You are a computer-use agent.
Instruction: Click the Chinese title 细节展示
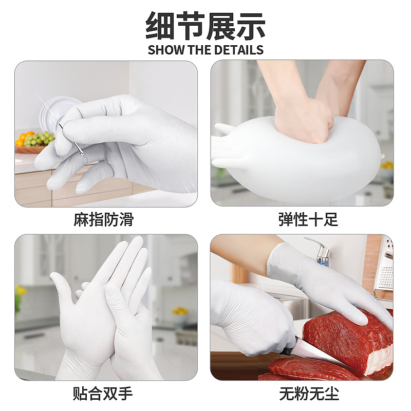[206, 26]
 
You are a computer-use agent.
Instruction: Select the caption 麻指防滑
[103, 220]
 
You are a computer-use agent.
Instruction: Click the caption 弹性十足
[308, 220]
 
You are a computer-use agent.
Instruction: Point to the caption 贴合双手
[103, 394]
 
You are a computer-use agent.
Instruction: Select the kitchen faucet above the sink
[321, 252]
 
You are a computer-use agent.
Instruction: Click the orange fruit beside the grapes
[23, 138]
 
